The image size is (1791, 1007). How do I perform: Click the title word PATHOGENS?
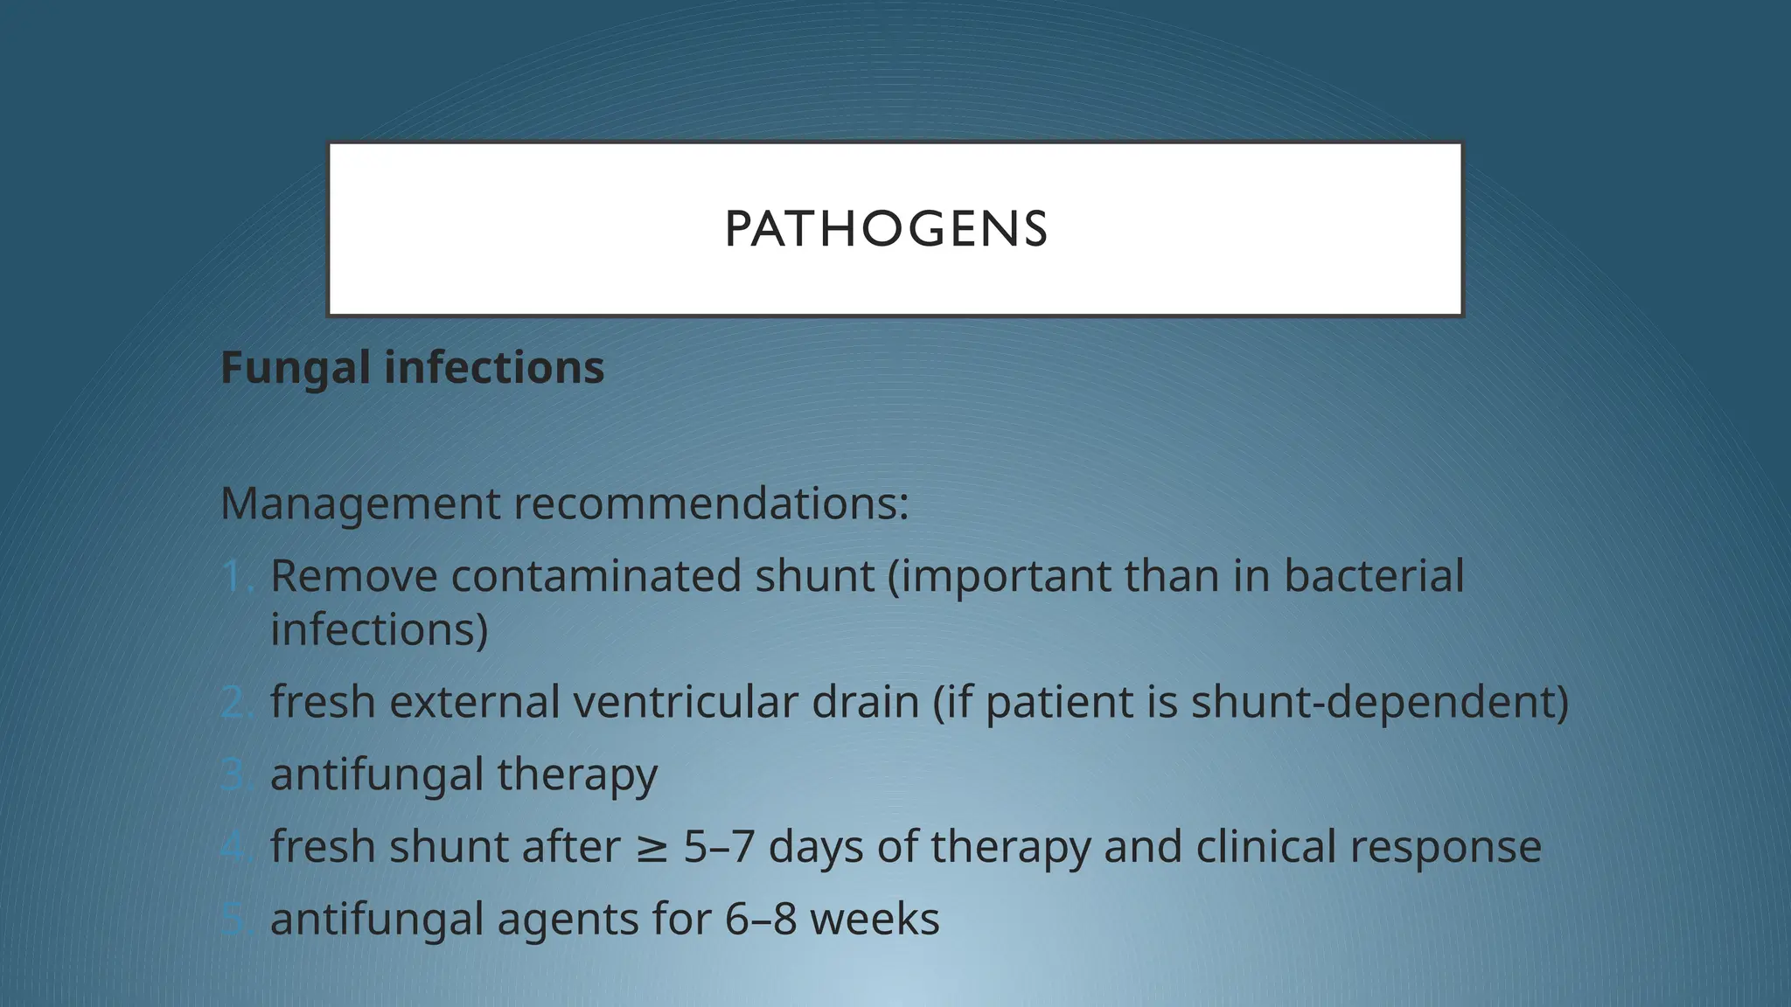click(x=886, y=229)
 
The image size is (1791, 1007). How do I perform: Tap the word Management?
click(x=360, y=504)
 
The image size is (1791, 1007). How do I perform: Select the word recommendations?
click(x=710, y=504)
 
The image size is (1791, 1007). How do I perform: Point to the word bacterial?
click(x=1374, y=577)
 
